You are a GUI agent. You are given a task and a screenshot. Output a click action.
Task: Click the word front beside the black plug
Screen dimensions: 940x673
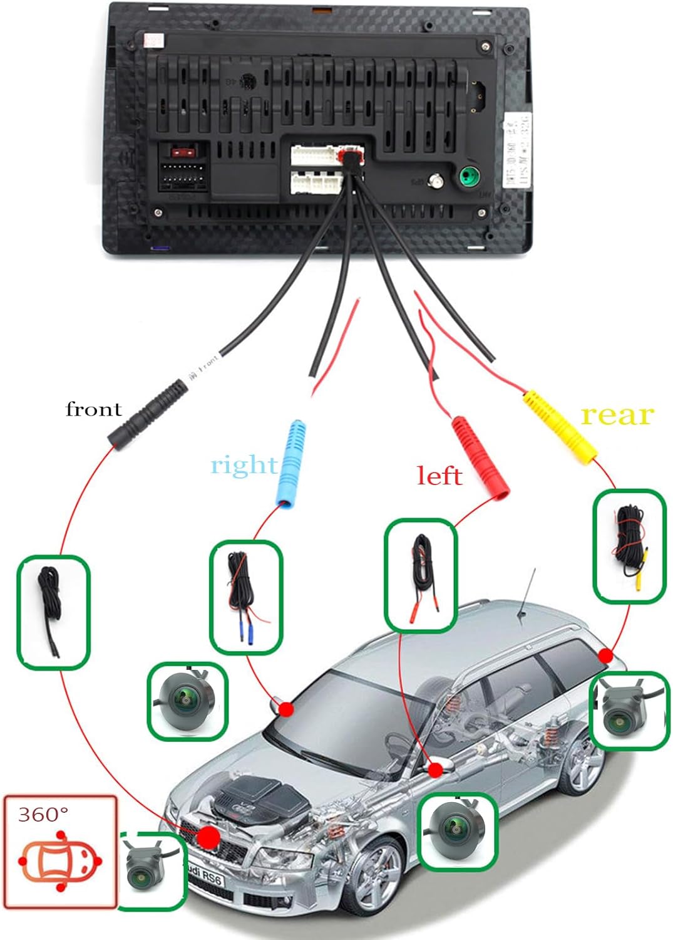(x=93, y=409)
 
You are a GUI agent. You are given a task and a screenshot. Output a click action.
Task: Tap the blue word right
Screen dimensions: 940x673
(x=243, y=465)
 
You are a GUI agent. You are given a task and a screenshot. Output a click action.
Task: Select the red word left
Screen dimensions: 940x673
(x=439, y=476)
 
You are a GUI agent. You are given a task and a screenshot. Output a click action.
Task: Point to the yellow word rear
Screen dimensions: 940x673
(x=617, y=415)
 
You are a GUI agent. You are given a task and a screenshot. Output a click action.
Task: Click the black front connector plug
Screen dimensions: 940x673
(x=149, y=414)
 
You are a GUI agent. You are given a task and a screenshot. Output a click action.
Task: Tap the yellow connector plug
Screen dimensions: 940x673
(x=560, y=426)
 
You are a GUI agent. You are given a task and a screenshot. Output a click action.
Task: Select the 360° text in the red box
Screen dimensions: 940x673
(x=43, y=814)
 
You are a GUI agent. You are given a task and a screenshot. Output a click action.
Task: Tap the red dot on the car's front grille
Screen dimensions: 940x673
(x=208, y=837)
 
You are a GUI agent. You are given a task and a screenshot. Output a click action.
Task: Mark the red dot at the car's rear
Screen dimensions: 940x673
(x=605, y=656)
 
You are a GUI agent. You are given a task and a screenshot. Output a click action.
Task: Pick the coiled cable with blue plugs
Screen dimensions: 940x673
(x=245, y=595)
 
